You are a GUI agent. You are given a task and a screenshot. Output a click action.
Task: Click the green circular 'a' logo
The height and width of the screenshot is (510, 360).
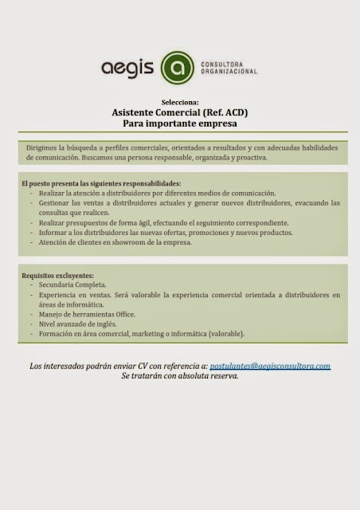(177, 69)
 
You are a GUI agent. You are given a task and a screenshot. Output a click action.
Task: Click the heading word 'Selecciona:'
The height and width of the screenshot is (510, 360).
(180, 104)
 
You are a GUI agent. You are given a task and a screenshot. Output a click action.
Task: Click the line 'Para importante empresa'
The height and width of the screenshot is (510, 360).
(180, 125)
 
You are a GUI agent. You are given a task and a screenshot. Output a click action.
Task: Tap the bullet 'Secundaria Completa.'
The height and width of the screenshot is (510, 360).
(72, 284)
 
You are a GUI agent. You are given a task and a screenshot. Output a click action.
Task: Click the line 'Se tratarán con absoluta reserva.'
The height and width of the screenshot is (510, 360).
(180, 375)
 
